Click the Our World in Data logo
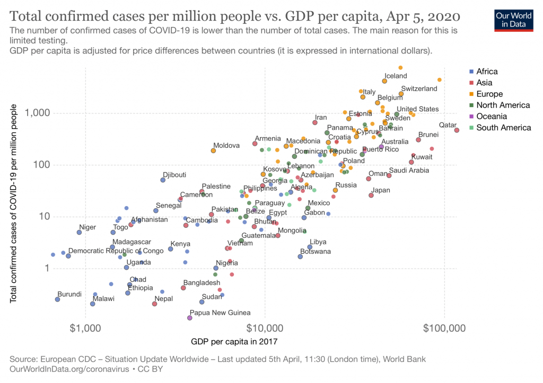click(x=514, y=19)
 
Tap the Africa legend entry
click(x=487, y=72)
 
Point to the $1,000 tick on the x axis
click(x=86, y=328)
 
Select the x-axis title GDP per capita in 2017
click(x=234, y=341)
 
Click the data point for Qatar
click(x=457, y=130)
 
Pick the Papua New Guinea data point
click(x=190, y=318)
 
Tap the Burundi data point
click(x=57, y=299)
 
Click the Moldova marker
click(x=213, y=150)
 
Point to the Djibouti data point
click(x=163, y=180)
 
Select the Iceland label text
click(x=396, y=76)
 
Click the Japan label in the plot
click(x=381, y=190)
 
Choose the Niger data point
click(x=79, y=232)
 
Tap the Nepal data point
click(x=154, y=304)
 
